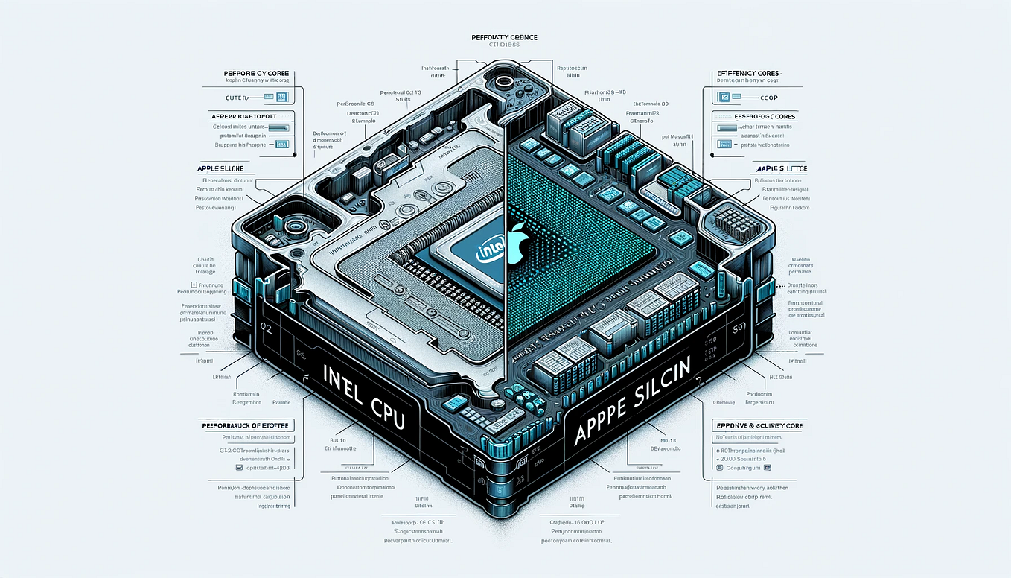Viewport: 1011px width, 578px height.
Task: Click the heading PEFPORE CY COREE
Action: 257,74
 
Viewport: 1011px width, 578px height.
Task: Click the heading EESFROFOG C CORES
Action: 754,117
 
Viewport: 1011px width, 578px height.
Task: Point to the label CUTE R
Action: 240,97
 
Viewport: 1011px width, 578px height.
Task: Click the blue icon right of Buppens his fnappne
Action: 281,145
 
